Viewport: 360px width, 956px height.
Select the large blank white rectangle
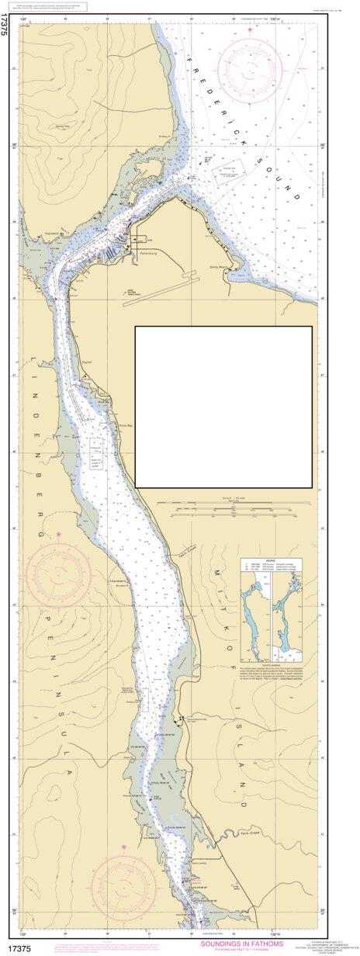223,407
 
